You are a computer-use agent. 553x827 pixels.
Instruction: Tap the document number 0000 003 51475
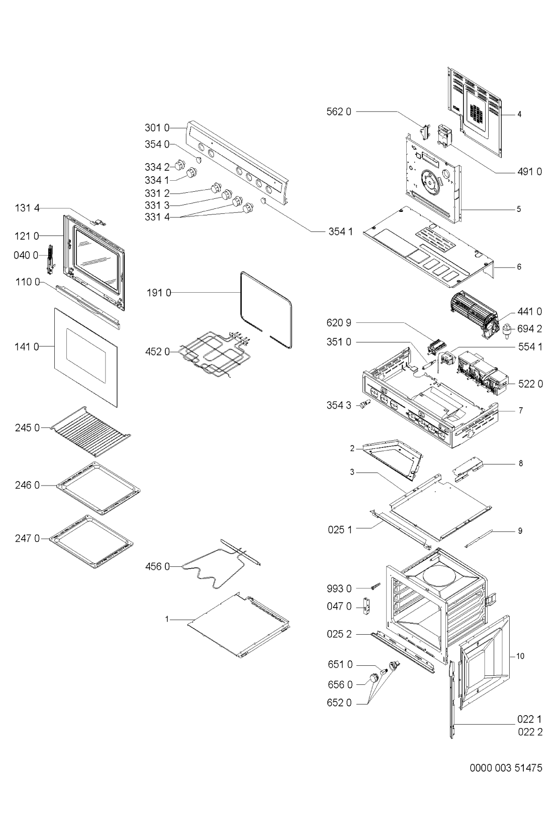(x=506, y=767)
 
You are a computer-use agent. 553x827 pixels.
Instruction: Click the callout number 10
(x=520, y=656)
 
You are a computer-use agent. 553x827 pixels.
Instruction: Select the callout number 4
(x=519, y=114)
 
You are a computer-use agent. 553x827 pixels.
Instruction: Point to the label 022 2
(x=530, y=732)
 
